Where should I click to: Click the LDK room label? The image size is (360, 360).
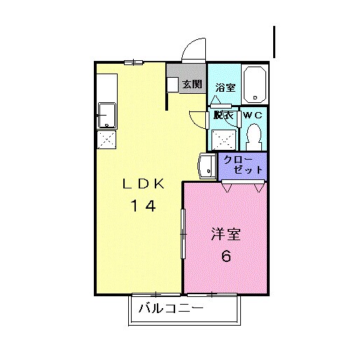(144, 185)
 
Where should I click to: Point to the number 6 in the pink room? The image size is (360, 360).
(226, 256)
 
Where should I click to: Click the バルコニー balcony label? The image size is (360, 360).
(171, 308)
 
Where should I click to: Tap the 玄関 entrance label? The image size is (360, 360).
(192, 85)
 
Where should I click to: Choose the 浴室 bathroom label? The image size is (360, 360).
(225, 88)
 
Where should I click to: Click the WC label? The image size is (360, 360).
(253, 115)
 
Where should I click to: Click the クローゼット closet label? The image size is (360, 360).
(243, 165)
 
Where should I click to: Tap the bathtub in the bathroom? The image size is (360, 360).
(255, 83)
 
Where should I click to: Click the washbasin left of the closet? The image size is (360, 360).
(207, 167)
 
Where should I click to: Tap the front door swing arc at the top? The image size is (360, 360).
(192, 50)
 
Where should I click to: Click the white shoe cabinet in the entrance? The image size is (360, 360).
(172, 84)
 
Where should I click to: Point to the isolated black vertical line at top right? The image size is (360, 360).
(275, 42)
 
